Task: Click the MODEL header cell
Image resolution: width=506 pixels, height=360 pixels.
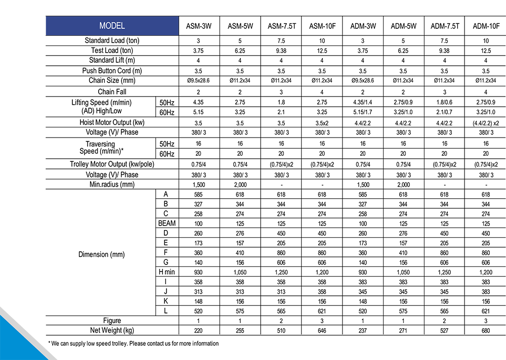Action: point(112,26)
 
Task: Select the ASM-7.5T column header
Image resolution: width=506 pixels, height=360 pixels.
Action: point(281,26)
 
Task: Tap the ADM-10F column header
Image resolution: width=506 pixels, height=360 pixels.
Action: point(486,26)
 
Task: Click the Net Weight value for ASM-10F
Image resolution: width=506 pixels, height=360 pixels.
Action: point(322,331)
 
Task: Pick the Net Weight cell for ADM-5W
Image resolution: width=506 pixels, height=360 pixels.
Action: point(403,331)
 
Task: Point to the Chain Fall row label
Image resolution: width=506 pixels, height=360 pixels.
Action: point(112,92)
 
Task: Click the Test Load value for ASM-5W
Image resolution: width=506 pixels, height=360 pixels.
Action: point(240,51)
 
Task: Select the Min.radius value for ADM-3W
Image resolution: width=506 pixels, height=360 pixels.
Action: point(363,185)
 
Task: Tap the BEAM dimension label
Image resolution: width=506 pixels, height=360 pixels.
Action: point(166,223)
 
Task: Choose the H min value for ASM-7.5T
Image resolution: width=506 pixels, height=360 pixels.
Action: point(281,273)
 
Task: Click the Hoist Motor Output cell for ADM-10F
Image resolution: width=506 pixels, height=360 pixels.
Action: point(486,123)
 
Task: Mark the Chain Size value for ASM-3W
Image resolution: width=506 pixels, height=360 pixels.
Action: point(198,80)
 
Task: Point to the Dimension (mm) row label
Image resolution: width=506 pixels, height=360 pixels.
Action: point(101,254)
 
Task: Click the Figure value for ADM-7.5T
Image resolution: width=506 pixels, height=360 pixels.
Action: point(444,321)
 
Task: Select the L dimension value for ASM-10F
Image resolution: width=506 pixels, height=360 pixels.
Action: point(322,311)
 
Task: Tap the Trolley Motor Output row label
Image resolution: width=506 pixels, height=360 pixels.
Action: point(112,164)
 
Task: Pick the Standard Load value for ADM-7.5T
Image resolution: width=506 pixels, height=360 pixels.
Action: point(444,41)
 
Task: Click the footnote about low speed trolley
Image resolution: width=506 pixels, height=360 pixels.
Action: point(134,344)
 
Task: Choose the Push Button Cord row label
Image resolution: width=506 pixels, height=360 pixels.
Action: point(112,71)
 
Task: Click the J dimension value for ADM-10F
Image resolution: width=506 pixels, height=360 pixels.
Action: point(486,292)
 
